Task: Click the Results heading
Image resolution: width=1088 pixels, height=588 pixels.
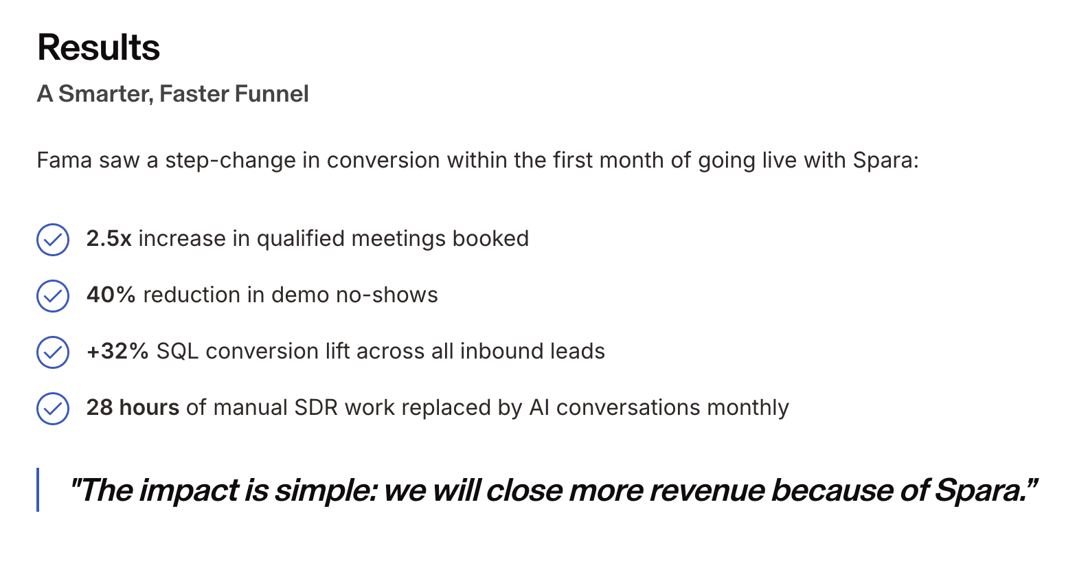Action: click(98, 48)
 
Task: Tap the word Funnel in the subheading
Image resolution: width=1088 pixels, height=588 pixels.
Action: click(271, 94)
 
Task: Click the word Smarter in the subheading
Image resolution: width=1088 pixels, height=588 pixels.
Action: click(105, 94)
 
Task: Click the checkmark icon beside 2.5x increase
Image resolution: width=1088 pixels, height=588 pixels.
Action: click(53, 240)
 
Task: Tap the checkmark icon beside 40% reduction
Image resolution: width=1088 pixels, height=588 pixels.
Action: click(53, 296)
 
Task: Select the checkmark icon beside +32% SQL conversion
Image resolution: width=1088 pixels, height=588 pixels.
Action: click(53, 352)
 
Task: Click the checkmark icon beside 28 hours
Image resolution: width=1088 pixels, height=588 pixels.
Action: click(53, 409)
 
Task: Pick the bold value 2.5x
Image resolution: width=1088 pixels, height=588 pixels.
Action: click(109, 238)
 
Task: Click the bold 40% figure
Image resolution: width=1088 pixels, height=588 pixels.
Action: click(111, 295)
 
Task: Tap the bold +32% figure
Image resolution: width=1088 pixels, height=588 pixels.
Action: click(117, 351)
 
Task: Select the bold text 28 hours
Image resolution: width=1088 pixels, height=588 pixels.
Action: click(133, 407)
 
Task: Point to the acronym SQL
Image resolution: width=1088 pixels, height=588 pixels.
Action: click(177, 351)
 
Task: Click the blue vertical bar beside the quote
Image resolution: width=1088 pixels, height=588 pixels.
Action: click(38, 490)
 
